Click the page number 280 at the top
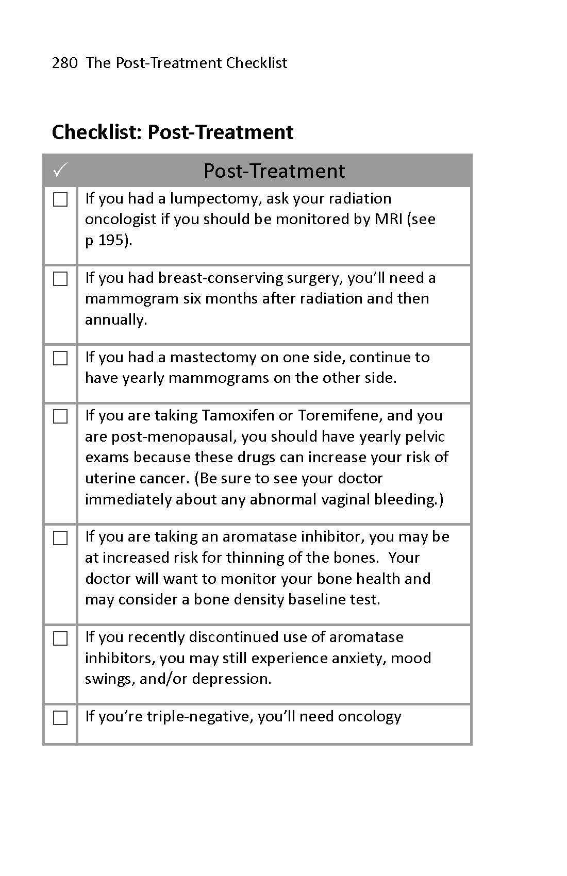pyautogui.click(x=64, y=63)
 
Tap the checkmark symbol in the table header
pyautogui.click(x=60, y=169)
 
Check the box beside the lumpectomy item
pyautogui.click(x=60, y=199)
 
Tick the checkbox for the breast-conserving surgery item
pyautogui.click(x=60, y=279)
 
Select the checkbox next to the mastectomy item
pyautogui.click(x=60, y=358)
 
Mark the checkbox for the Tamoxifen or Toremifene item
pyautogui.click(x=60, y=416)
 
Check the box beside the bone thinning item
pyautogui.click(x=60, y=538)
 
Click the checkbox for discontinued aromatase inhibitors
pyautogui.click(x=60, y=638)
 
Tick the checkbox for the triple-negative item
pyautogui.click(x=60, y=718)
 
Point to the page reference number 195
pyautogui.click(x=111, y=241)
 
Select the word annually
pyautogui.click(x=116, y=319)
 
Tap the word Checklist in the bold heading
pyautogui.click(x=96, y=132)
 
